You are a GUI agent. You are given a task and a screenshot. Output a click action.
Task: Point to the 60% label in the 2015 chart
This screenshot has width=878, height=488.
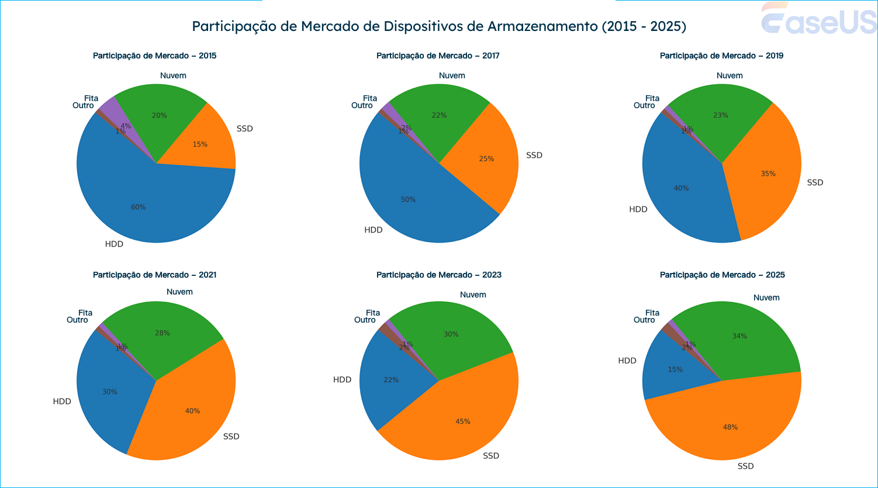pos(138,207)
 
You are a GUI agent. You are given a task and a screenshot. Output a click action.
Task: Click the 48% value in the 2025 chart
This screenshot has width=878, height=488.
pos(730,427)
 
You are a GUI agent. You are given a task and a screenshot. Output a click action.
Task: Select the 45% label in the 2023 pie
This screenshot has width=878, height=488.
pos(463,421)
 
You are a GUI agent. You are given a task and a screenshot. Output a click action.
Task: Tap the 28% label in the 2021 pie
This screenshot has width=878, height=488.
pos(162,333)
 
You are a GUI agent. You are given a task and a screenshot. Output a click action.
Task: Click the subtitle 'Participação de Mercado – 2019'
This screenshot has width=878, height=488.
pos(721,56)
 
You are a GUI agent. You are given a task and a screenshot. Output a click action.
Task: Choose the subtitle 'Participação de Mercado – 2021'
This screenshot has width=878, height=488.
pos(154,275)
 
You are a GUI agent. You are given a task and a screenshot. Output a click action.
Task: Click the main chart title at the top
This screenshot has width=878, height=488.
pos(439,26)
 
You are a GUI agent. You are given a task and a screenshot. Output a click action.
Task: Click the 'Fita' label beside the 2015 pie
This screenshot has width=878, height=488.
pos(91,98)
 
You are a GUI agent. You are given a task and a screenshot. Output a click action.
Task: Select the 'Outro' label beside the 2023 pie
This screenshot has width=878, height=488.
pos(365,320)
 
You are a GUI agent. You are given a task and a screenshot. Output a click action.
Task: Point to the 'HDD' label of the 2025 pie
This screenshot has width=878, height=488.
pos(627,361)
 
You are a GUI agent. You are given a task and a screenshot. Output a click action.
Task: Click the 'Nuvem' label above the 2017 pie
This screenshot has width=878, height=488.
pos(452,75)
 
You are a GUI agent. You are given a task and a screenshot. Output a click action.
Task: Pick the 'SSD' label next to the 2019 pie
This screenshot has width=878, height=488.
pos(815,182)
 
